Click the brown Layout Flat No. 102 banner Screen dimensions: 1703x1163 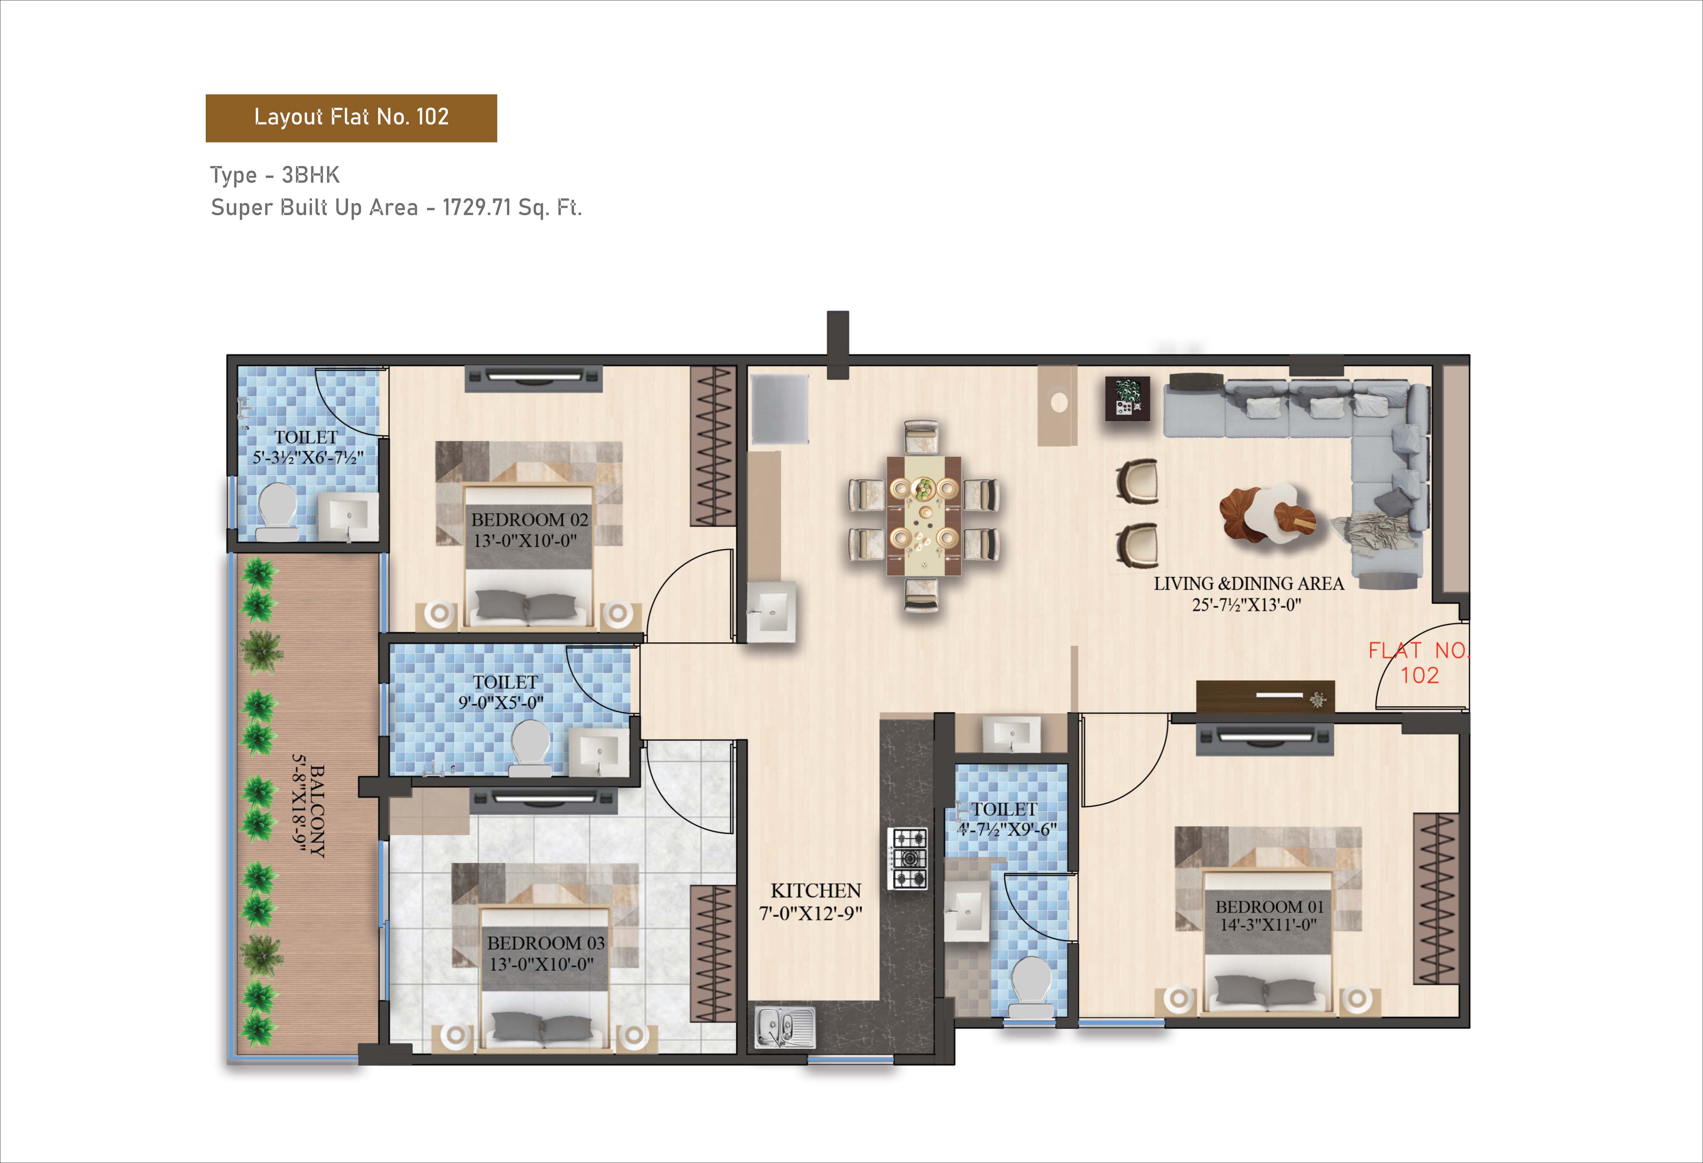pyautogui.click(x=351, y=118)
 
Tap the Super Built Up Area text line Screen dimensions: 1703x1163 pyautogui.click(x=396, y=208)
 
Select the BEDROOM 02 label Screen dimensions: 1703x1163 pyautogui.click(x=529, y=519)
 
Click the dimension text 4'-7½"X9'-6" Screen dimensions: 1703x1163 pyautogui.click(x=1006, y=830)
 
